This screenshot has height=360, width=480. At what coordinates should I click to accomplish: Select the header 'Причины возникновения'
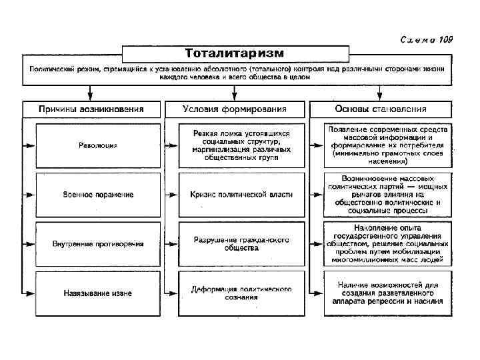tap(91, 109)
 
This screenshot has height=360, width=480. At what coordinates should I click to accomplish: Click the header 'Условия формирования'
tap(235, 109)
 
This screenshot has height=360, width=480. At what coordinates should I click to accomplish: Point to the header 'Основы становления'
tap(381, 109)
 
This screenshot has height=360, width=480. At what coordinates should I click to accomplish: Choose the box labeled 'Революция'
tap(98, 145)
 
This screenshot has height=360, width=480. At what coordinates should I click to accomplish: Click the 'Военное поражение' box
tap(98, 194)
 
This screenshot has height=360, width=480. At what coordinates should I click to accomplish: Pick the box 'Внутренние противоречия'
tap(98, 243)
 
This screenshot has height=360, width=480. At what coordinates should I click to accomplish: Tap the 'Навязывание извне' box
tap(98, 293)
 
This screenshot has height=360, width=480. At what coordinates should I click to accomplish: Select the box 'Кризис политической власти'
tap(242, 194)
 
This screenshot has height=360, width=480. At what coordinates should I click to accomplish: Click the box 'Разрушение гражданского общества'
tap(242, 243)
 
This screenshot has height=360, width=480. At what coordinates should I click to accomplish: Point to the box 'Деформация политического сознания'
tap(242, 293)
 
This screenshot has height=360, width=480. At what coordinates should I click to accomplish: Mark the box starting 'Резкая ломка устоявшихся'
tap(242, 145)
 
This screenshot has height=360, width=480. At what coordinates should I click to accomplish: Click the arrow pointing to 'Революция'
tap(29, 145)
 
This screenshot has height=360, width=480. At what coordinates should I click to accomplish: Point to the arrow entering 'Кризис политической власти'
tap(173, 194)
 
